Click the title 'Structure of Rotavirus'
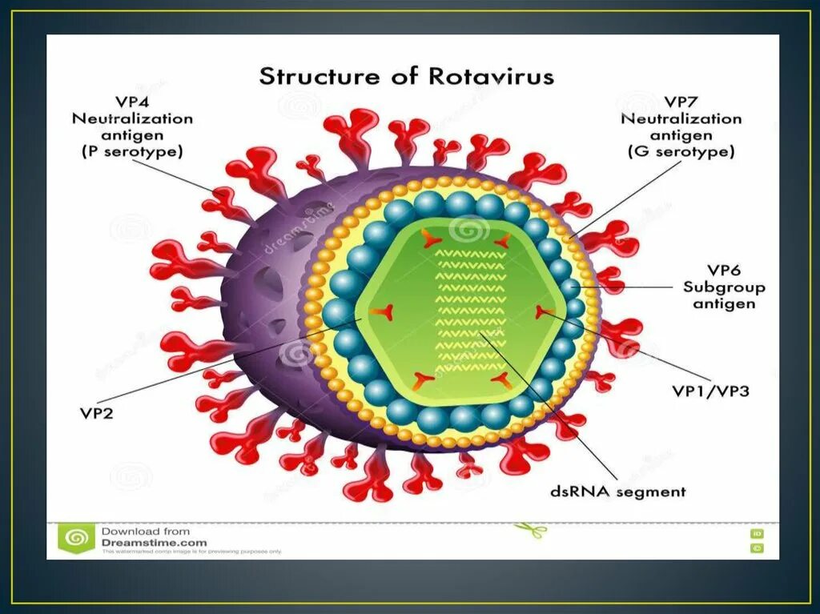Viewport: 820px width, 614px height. [406, 78]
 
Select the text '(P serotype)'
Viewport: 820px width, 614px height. [133, 151]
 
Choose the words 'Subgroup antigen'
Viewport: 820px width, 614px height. [723, 295]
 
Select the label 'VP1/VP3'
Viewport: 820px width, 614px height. [710, 391]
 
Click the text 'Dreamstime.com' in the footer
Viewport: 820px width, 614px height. [154, 542]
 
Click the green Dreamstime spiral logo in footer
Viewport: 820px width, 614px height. [77, 539]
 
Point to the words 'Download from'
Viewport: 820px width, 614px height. [145, 531]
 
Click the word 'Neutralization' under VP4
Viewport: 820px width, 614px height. [133, 118]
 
